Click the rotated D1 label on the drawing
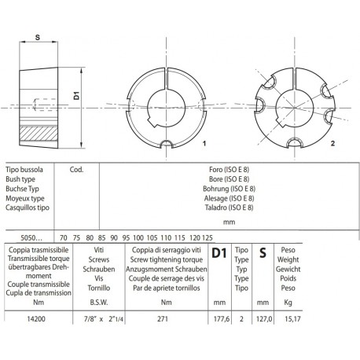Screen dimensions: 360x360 (76, 94)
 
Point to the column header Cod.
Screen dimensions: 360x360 (78, 169)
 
